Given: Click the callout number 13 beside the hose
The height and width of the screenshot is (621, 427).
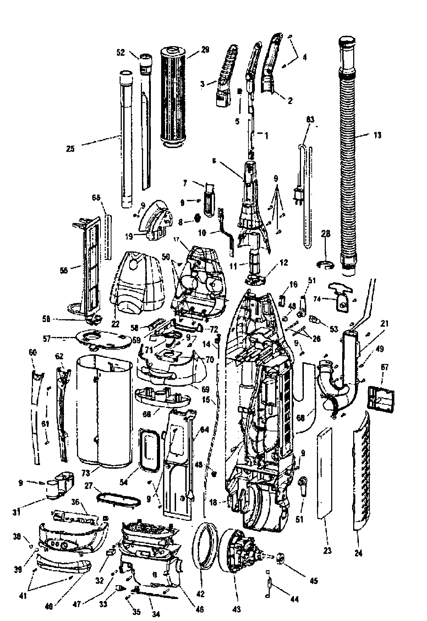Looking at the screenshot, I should point(377,135).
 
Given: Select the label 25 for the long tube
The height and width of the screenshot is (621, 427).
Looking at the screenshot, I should point(71,149).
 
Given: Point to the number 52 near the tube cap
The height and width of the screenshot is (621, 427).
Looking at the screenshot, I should point(121,53).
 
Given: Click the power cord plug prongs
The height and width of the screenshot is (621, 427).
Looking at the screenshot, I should point(296,197).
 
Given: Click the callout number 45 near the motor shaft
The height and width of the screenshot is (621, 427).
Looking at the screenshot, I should point(313,581).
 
